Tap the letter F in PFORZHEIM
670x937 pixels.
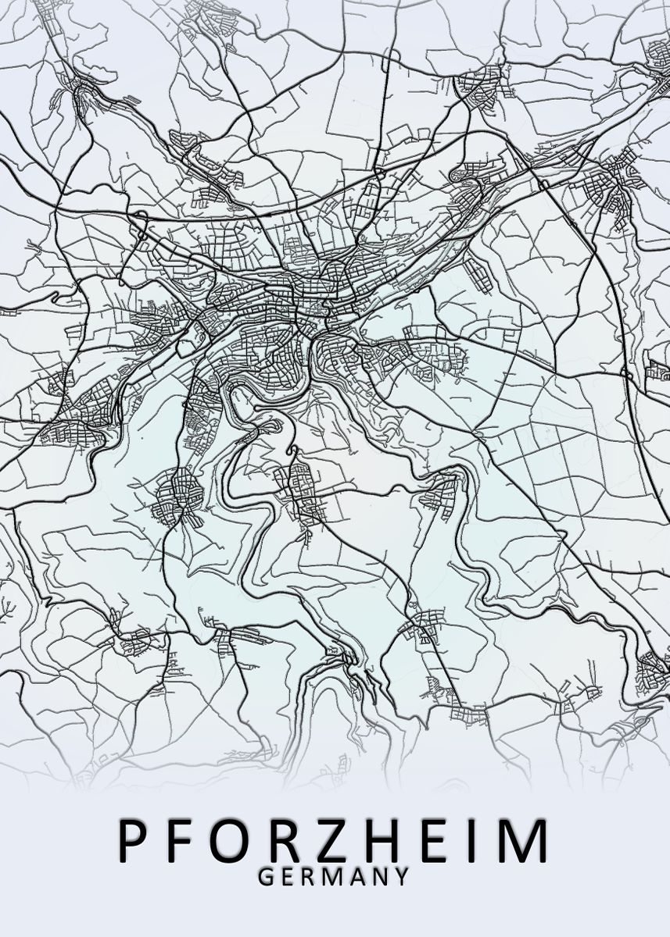[185, 841]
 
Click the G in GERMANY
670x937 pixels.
[265, 877]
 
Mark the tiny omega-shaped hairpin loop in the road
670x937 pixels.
[294, 451]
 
